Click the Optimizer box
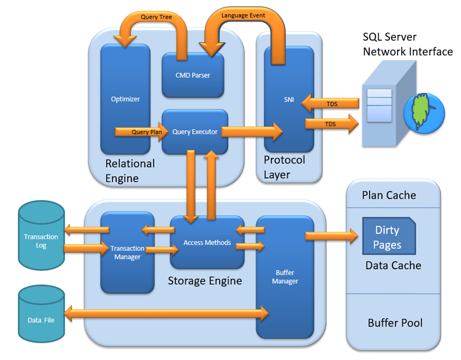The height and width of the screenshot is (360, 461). coord(125,99)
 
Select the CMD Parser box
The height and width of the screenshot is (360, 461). coord(192,75)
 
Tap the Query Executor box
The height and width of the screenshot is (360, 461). coord(195,132)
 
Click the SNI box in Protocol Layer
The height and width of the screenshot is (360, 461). coord(288,99)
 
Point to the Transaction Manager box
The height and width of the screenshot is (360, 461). coord(127,252)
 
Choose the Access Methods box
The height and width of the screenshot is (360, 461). coord(206,242)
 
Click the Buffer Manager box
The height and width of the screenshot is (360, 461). coord(285,277)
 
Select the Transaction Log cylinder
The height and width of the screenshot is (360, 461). coord(40,241)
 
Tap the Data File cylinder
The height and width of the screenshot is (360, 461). coord(40,320)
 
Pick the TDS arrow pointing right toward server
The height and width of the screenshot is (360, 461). coord(331,124)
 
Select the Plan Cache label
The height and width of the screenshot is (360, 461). coord(389,195)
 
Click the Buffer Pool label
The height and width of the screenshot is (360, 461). coord(395,323)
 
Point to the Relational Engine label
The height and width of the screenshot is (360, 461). coord(130,171)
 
